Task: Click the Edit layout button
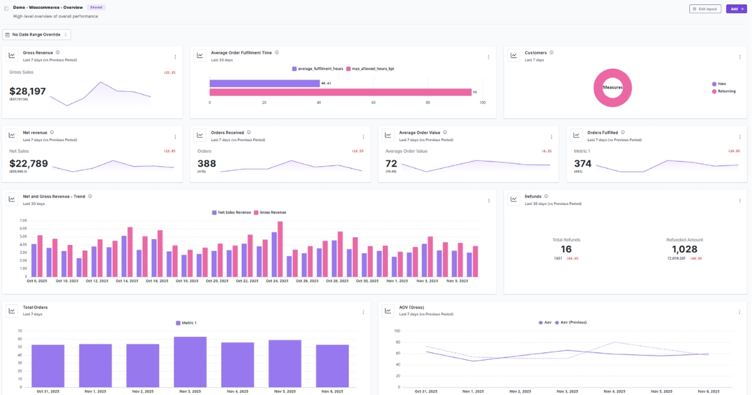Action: click(705, 9)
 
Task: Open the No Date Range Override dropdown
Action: click(36, 34)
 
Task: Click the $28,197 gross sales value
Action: click(28, 92)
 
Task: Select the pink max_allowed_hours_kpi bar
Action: click(340, 92)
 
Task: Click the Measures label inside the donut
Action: click(612, 87)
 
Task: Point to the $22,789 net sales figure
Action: click(28, 164)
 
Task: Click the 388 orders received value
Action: click(207, 164)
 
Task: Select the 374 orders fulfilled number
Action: click(583, 164)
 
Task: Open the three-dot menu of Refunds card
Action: click(739, 201)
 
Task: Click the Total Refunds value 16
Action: click(566, 249)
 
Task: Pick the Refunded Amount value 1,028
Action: click(684, 249)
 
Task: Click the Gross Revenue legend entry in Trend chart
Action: click(270, 212)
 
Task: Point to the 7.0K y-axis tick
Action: click(24, 221)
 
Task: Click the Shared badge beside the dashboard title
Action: click(97, 8)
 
